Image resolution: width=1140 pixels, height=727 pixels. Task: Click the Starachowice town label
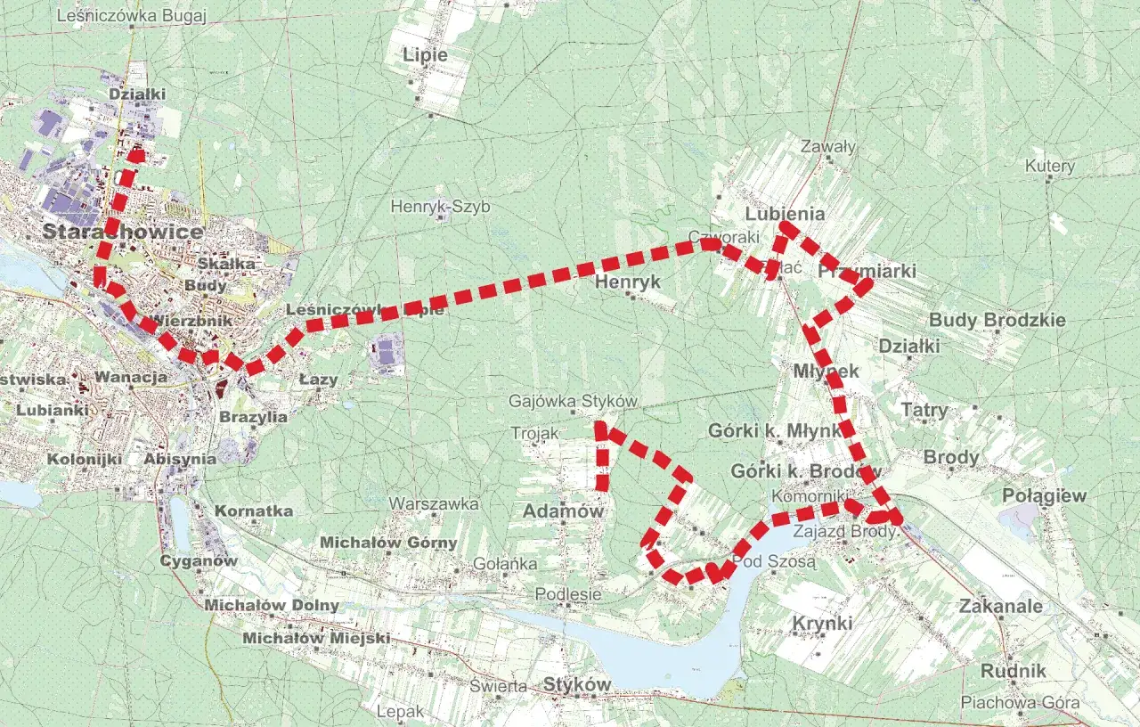pos(123,232)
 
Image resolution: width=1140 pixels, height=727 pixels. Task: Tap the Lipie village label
pos(425,55)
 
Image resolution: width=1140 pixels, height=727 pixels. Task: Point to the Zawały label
pos(827,146)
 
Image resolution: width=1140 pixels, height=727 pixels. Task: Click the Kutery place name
pos(1049,166)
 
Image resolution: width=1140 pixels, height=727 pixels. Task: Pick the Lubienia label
pos(785,214)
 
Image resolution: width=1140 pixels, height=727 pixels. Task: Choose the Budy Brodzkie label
pos(997,320)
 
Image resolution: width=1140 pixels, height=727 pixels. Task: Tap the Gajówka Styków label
pos(573,402)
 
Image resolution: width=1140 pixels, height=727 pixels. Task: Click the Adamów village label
pos(563,511)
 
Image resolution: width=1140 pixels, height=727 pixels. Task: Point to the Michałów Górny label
pos(388,542)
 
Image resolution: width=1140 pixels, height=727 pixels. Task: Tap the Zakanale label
pos(1000,606)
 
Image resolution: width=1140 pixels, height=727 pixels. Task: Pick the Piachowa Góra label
pos(1020,703)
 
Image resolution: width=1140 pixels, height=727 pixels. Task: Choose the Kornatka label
pos(254,511)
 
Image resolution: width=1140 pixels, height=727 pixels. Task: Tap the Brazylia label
pos(253,416)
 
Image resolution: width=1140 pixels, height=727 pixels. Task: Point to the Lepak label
pos(401,712)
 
